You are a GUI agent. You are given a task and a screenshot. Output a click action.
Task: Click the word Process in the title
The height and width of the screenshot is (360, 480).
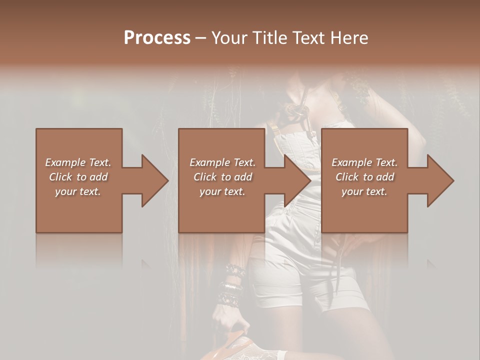click(157, 37)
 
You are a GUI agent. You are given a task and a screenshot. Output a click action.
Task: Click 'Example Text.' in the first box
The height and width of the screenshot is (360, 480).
click(78, 162)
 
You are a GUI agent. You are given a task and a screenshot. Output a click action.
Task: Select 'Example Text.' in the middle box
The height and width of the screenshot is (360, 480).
click(222, 162)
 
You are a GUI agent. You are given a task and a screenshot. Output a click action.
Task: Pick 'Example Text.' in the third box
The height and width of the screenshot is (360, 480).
click(364, 162)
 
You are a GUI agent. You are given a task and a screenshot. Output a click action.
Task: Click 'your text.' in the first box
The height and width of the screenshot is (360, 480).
click(78, 191)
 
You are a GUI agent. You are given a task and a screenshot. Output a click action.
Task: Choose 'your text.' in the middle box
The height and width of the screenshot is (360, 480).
click(222, 191)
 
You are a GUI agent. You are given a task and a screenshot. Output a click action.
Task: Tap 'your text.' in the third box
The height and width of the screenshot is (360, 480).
click(364, 191)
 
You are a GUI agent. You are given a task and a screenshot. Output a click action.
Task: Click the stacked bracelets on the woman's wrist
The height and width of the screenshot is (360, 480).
click(231, 285)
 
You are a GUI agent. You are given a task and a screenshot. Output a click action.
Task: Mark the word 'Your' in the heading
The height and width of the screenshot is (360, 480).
click(229, 37)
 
